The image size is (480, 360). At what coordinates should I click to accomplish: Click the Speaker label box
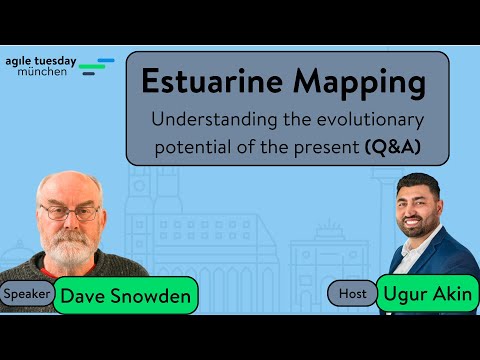pyautogui.click(x=27, y=294)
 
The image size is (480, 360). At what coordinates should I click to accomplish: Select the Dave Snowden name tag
pyautogui.click(x=124, y=296)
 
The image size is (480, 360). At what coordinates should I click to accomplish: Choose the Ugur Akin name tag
pyautogui.click(x=427, y=294)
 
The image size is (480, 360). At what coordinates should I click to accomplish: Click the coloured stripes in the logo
pyautogui.click(x=96, y=67)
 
